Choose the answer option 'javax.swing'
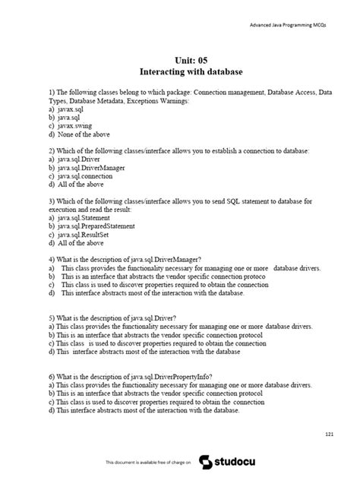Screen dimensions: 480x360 pyautogui.click(x=75, y=126)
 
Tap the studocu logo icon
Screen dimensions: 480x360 pyautogui.click(x=206, y=462)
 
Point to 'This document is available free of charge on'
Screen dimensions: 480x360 pyautogui.click(x=148, y=462)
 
